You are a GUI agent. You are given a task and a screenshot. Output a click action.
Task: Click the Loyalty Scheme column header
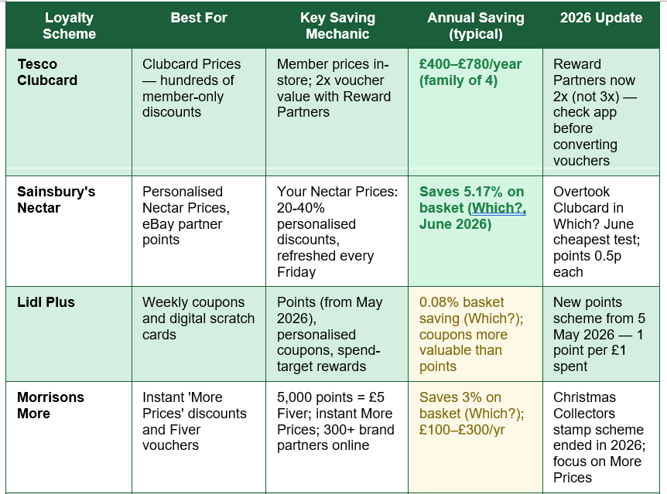69,26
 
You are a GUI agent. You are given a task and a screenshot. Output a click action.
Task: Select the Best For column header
199,18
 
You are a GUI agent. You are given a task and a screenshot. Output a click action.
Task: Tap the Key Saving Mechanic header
337,26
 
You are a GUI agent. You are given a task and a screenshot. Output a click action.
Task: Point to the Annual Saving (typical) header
476,26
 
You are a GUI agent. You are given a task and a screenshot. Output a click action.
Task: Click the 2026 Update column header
601,18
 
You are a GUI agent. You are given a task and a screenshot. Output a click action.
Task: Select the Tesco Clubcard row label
47,72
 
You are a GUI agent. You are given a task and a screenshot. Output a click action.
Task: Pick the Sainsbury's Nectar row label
56,199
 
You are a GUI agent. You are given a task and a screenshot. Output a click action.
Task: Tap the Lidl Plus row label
46,302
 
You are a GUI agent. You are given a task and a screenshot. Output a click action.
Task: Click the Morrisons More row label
50,405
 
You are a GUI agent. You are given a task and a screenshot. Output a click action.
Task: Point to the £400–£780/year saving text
470,63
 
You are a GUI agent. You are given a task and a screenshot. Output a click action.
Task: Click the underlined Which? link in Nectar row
498,208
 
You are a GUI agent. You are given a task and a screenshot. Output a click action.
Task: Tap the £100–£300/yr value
462,429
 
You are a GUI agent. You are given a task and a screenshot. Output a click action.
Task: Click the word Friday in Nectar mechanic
296,271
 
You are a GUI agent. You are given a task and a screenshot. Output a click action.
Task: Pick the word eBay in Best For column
158,224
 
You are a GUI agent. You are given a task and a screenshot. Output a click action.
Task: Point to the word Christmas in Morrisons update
584,397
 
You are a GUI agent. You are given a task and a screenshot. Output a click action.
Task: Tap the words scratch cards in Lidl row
198,326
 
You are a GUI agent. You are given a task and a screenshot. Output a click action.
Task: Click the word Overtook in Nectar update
582,192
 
